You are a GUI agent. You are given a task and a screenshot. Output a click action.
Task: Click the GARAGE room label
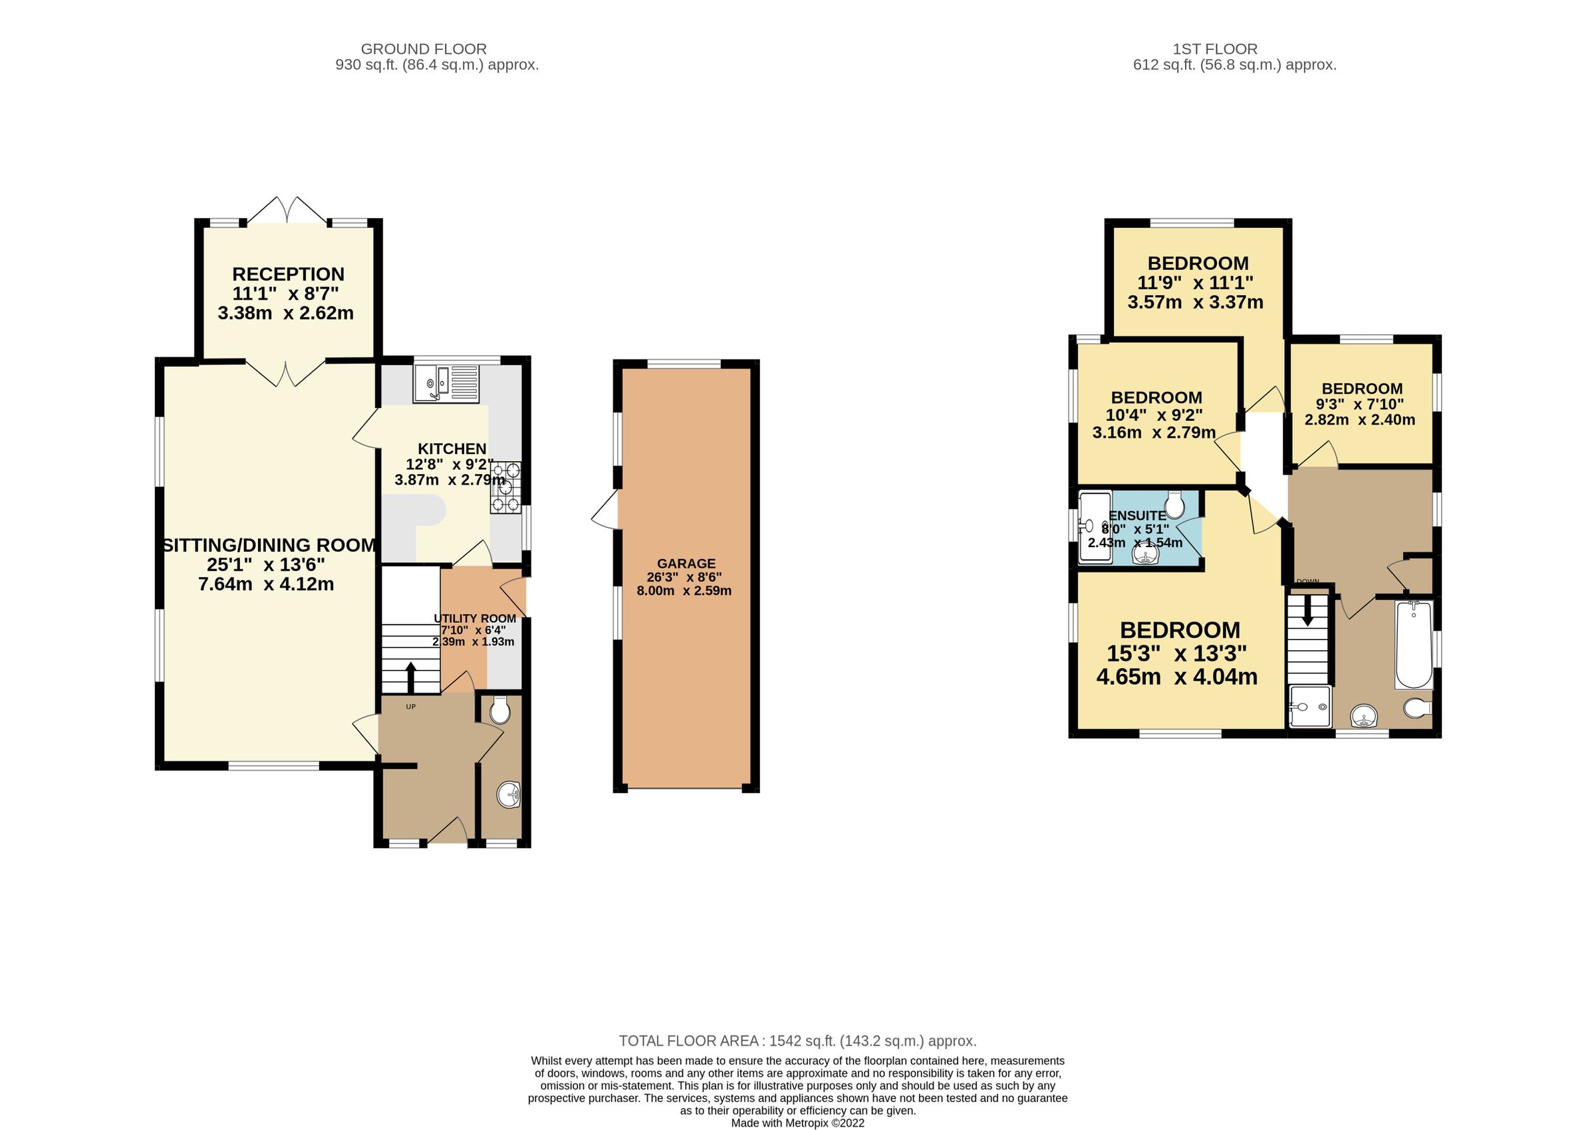tap(686, 564)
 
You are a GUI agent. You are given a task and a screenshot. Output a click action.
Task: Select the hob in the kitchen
tap(506, 488)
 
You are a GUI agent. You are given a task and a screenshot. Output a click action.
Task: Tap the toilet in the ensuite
tap(1175, 505)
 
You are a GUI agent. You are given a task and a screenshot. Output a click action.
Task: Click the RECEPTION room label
tap(288, 274)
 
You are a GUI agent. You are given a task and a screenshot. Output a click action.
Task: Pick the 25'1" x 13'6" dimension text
tap(266, 564)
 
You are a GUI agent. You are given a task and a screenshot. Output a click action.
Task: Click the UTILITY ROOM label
tap(475, 619)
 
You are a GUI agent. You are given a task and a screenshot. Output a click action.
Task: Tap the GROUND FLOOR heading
tap(423, 49)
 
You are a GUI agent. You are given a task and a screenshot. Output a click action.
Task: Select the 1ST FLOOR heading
tap(1214, 49)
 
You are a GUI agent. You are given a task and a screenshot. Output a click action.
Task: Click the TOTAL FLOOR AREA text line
tap(797, 1041)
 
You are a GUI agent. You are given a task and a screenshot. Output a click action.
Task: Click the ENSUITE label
tap(1136, 516)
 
